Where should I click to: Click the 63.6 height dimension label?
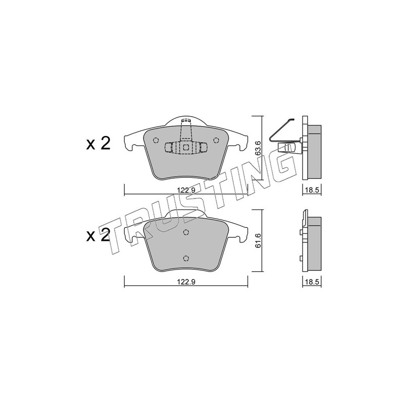click(x=258, y=148)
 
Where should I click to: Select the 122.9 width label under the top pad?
click(x=186, y=190)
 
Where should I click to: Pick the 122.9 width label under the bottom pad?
click(x=186, y=282)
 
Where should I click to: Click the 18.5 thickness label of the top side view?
click(x=312, y=190)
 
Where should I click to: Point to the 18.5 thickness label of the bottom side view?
click(x=312, y=282)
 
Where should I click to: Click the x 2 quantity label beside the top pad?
click(x=98, y=143)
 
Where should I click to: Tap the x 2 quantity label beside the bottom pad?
click(x=98, y=235)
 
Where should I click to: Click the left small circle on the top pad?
click(x=156, y=140)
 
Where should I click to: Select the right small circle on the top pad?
click(x=216, y=140)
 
